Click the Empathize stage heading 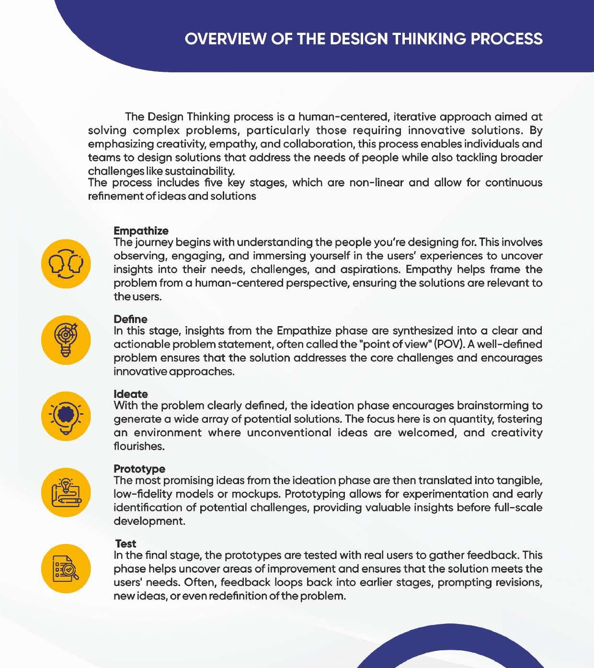[141, 231]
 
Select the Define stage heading [130, 319]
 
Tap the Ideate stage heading [130, 394]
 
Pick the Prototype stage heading [139, 469]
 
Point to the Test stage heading [126, 543]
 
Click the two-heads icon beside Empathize [66, 264]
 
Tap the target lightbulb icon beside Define [66, 340]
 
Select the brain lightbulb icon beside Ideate [66, 416]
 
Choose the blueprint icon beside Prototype [66, 492]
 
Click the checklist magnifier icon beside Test [66, 568]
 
